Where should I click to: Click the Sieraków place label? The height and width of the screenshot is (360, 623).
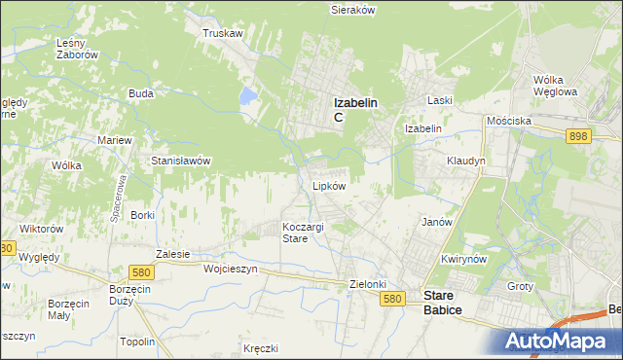pyautogui.click(x=352, y=9)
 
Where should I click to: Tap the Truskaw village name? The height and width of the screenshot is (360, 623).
pyautogui.click(x=222, y=33)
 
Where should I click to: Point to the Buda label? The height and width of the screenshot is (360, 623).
pyautogui.click(x=141, y=94)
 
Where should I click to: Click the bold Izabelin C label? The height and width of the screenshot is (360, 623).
pyautogui.click(x=355, y=107)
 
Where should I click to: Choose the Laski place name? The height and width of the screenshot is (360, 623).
pyautogui.click(x=441, y=100)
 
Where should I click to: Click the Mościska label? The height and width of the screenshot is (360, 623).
pyautogui.click(x=509, y=121)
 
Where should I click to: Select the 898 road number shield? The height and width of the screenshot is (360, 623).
pyautogui.click(x=578, y=137)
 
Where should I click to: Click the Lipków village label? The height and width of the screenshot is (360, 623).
pyautogui.click(x=328, y=185)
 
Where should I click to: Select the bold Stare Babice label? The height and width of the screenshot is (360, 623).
pyautogui.click(x=442, y=303)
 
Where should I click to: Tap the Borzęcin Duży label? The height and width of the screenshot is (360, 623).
pyautogui.click(x=128, y=296)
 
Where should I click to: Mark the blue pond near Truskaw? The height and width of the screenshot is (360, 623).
pyautogui.click(x=247, y=96)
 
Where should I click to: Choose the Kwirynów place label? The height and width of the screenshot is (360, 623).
pyautogui.click(x=463, y=260)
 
